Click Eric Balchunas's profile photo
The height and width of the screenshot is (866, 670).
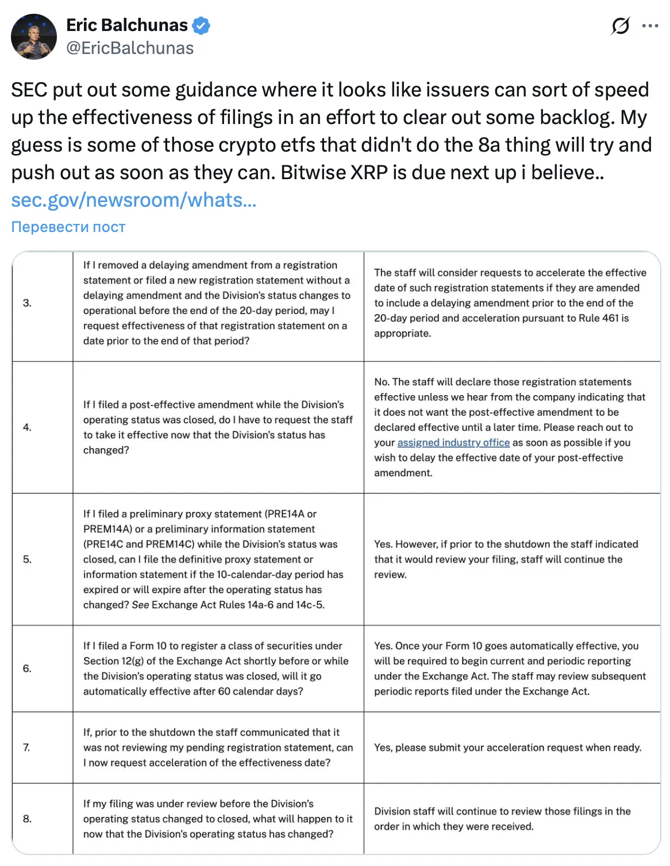[34, 37]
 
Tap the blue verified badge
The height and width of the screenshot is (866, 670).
[201, 26]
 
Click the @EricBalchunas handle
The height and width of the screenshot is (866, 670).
[130, 48]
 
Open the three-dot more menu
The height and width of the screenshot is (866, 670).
[650, 26]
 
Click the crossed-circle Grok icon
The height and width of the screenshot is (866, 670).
[620, 26]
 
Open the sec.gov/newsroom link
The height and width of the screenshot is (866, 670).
[133, 200]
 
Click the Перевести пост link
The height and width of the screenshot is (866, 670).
[68, 227]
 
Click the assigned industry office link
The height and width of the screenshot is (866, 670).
[453, 442]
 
